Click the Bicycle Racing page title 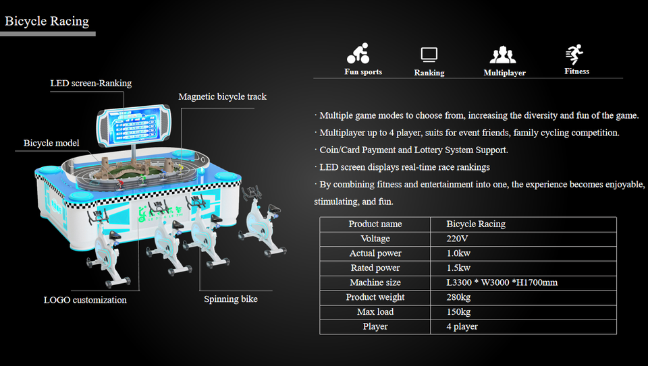47,21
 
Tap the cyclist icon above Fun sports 358,54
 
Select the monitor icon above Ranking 429,55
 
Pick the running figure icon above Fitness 575,55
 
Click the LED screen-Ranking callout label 91,84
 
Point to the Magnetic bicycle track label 222,97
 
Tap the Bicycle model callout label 51,143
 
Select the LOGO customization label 85,300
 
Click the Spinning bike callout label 231,299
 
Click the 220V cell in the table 458,239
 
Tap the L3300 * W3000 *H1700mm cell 502,282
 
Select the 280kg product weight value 458,297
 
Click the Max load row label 375,312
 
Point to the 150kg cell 458,312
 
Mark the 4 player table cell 462,327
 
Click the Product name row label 375,224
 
